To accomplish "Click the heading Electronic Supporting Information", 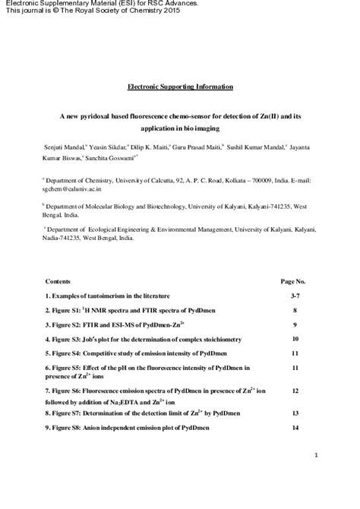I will (179, 87).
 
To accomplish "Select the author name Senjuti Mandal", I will (65, 144).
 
